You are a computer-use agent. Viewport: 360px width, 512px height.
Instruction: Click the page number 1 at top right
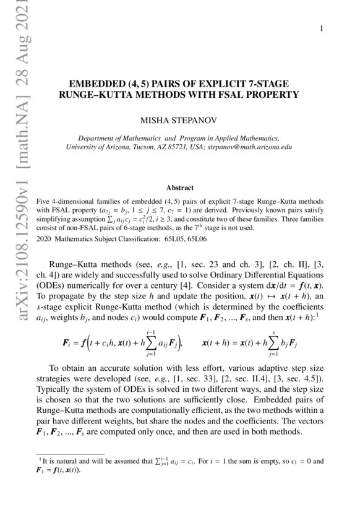[322, 29]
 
